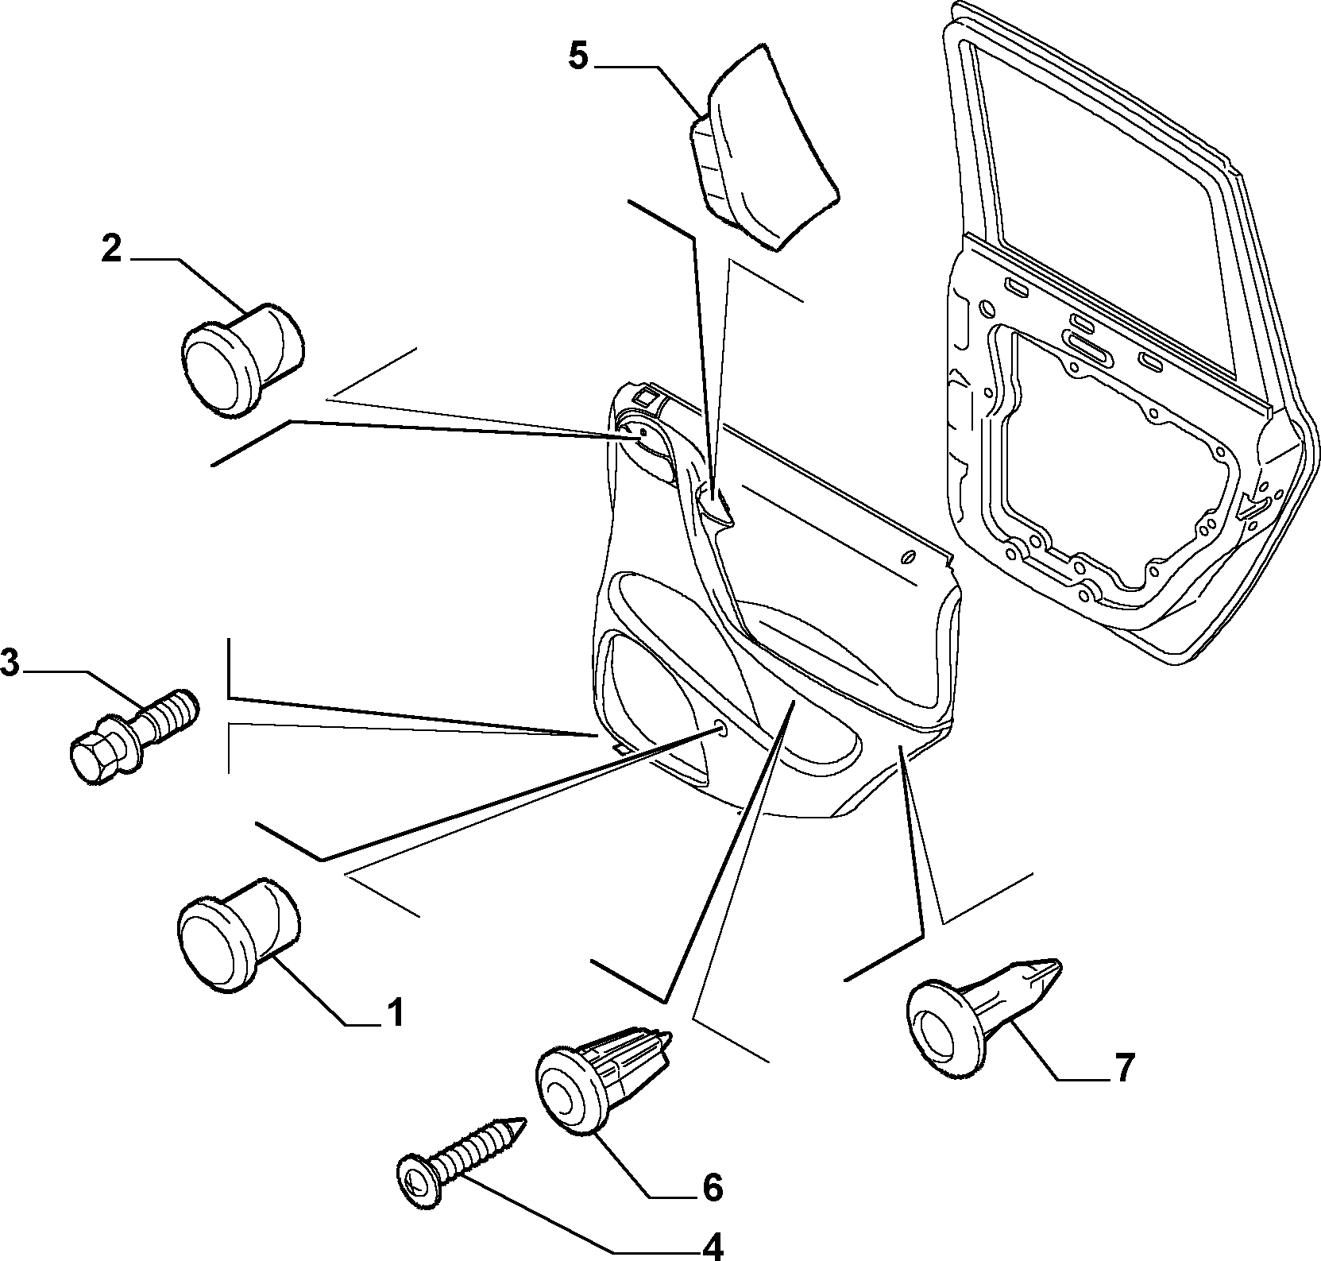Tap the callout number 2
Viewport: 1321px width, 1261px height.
[x=111, y=249]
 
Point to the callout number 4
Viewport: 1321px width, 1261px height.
[x=712, y=1244]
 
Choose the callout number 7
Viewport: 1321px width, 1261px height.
[x=1123, y=1068]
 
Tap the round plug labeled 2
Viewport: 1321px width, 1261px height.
[x=243, y=358]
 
